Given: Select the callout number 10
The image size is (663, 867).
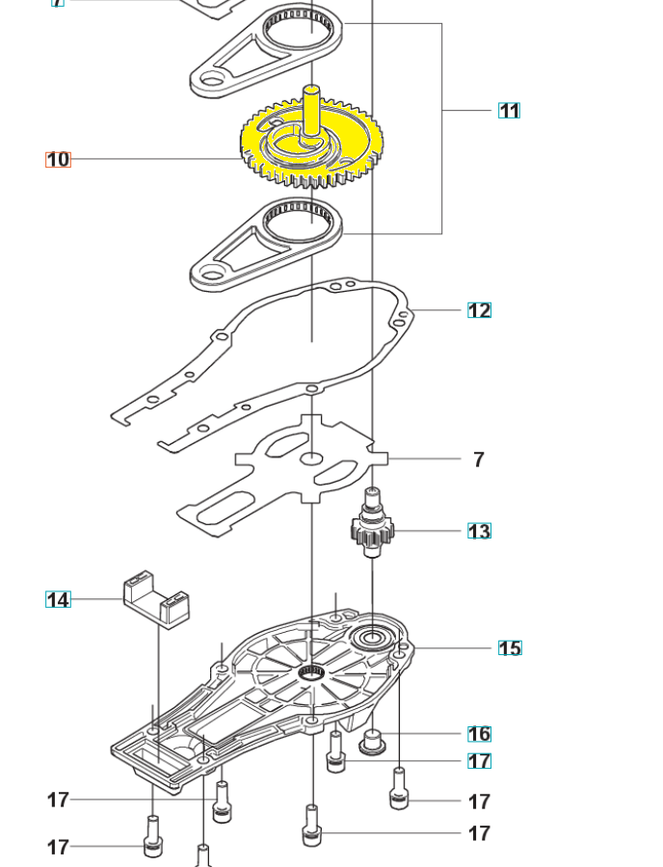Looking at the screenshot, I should coord(58,159).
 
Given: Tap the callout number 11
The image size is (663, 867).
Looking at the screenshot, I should coord(509,111).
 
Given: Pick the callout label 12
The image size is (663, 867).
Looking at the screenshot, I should coord(479,310).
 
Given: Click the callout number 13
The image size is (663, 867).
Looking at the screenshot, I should coord(479,531).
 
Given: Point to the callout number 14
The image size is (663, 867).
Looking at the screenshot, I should coord(58,599).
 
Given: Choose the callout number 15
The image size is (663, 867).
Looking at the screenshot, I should coord(510,648).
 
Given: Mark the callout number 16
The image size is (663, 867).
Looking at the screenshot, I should coord(479,734).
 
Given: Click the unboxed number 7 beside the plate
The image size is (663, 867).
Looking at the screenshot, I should coord(479,460).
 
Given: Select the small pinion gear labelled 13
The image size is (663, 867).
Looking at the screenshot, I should coord(372,530).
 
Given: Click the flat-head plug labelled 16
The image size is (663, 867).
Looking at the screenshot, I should coord(372,743).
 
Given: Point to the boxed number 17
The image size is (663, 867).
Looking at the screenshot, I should coord(479,761).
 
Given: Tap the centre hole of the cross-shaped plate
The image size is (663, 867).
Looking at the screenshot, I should coord(312,459).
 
